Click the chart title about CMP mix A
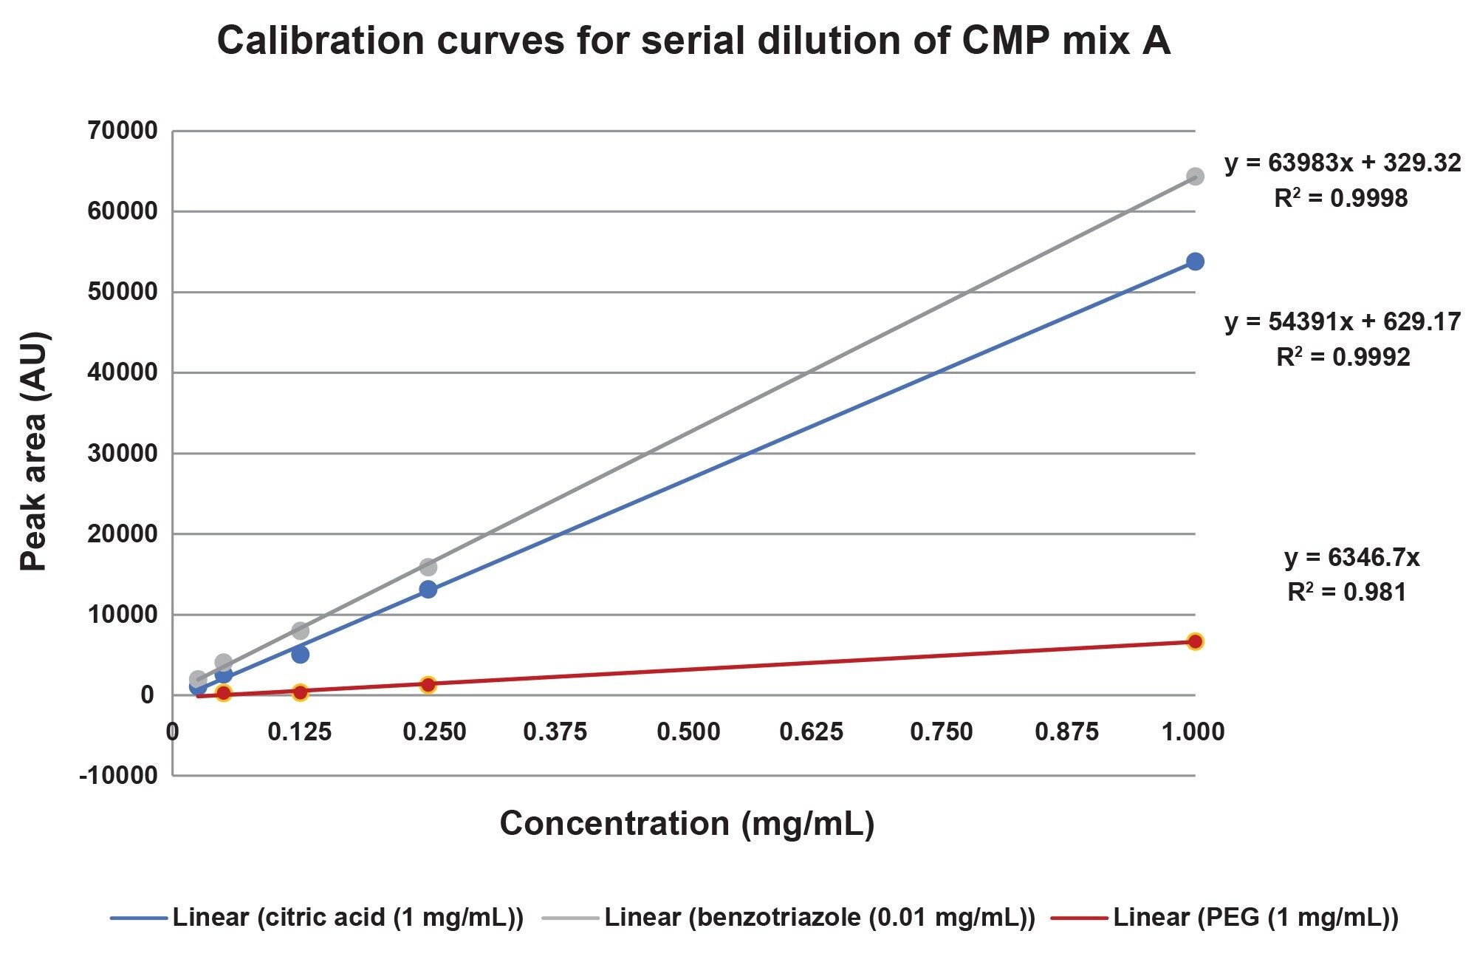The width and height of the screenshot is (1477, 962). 693,41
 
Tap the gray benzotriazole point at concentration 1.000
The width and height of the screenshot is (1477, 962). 1195,177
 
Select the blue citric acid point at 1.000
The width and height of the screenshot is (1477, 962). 1195,262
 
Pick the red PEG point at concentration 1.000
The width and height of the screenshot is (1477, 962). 1195,641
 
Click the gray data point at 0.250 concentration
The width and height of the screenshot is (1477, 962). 428,567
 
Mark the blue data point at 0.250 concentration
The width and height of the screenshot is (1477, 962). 428,590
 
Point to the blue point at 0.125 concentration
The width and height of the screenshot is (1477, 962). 300,654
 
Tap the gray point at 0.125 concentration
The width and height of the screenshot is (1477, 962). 300,630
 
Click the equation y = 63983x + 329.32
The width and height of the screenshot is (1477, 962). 1342,163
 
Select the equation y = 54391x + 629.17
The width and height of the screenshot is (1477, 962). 1342,322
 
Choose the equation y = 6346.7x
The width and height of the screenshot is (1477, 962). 1351,558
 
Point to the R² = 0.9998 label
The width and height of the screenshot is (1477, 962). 1340,199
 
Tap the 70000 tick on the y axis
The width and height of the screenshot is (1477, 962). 123,132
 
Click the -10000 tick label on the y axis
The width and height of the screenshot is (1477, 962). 118,776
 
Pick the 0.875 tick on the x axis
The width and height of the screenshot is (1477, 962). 1066,732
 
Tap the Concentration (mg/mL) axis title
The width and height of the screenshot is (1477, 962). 687,823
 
